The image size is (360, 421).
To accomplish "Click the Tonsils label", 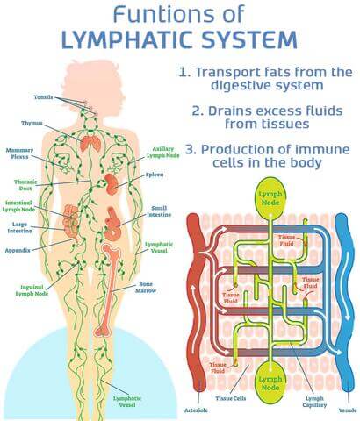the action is pyautogui.click(x=43, y=97).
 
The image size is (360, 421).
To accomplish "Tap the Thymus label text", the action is pyautogui.click(x=32, y=123).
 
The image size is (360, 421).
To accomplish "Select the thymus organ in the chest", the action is pyautogui.click(x=91, y=144).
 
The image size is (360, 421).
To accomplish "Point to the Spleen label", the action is pyautogui.click(x=155, y=175).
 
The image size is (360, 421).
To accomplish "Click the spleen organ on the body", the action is pyautogui.click(x=112, y=184).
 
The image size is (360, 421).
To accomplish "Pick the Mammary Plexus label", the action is pyautogui.click(x=19, y=153).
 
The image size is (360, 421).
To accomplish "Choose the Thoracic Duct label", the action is pyautogui.click(x=25, y=185).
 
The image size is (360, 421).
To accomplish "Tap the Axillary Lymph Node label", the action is pyautogui.click(x=163, y=153).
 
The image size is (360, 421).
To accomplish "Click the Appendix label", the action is pyautogui.click(x=18, y=251).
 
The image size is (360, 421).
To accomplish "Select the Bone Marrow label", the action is pyautogui.click(x=146, y=288).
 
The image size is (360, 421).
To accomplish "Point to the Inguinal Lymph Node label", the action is pyautogui.click(x=32, y=290).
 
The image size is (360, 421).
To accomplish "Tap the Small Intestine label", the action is pyautogui.click(x=159, y=211).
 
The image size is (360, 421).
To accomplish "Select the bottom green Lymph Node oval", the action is pyautogui.click(x=270, y=382).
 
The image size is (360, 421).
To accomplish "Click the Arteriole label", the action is pyautogui.click(x=196, y=410).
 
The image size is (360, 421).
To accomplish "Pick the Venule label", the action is pyautogui.click(x=348, y=410).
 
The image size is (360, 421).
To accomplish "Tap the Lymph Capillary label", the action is pyautogui.click(x=314, y=402).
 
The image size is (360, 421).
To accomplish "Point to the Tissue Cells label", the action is pyautogui.click(x=231, y=398).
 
